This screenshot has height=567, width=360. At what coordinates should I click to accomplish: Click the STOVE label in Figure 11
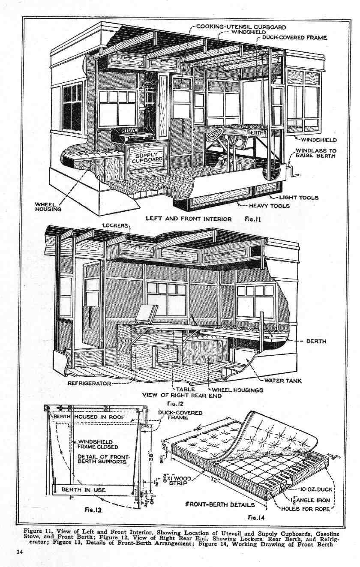(x=128, y=130)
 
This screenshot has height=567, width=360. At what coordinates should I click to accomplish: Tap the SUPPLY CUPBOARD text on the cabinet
(x=147, y=157)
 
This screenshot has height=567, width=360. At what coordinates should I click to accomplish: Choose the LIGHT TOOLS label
(x=299, y=198)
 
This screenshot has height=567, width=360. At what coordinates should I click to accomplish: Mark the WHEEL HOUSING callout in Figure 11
(x=48, y=207)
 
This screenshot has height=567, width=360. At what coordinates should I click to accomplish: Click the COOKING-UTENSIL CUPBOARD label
(x=241, y=27)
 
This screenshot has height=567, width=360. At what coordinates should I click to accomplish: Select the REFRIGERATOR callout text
(x=89, y=383)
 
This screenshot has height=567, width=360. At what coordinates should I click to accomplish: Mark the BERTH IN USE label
(x=84, y=489)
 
